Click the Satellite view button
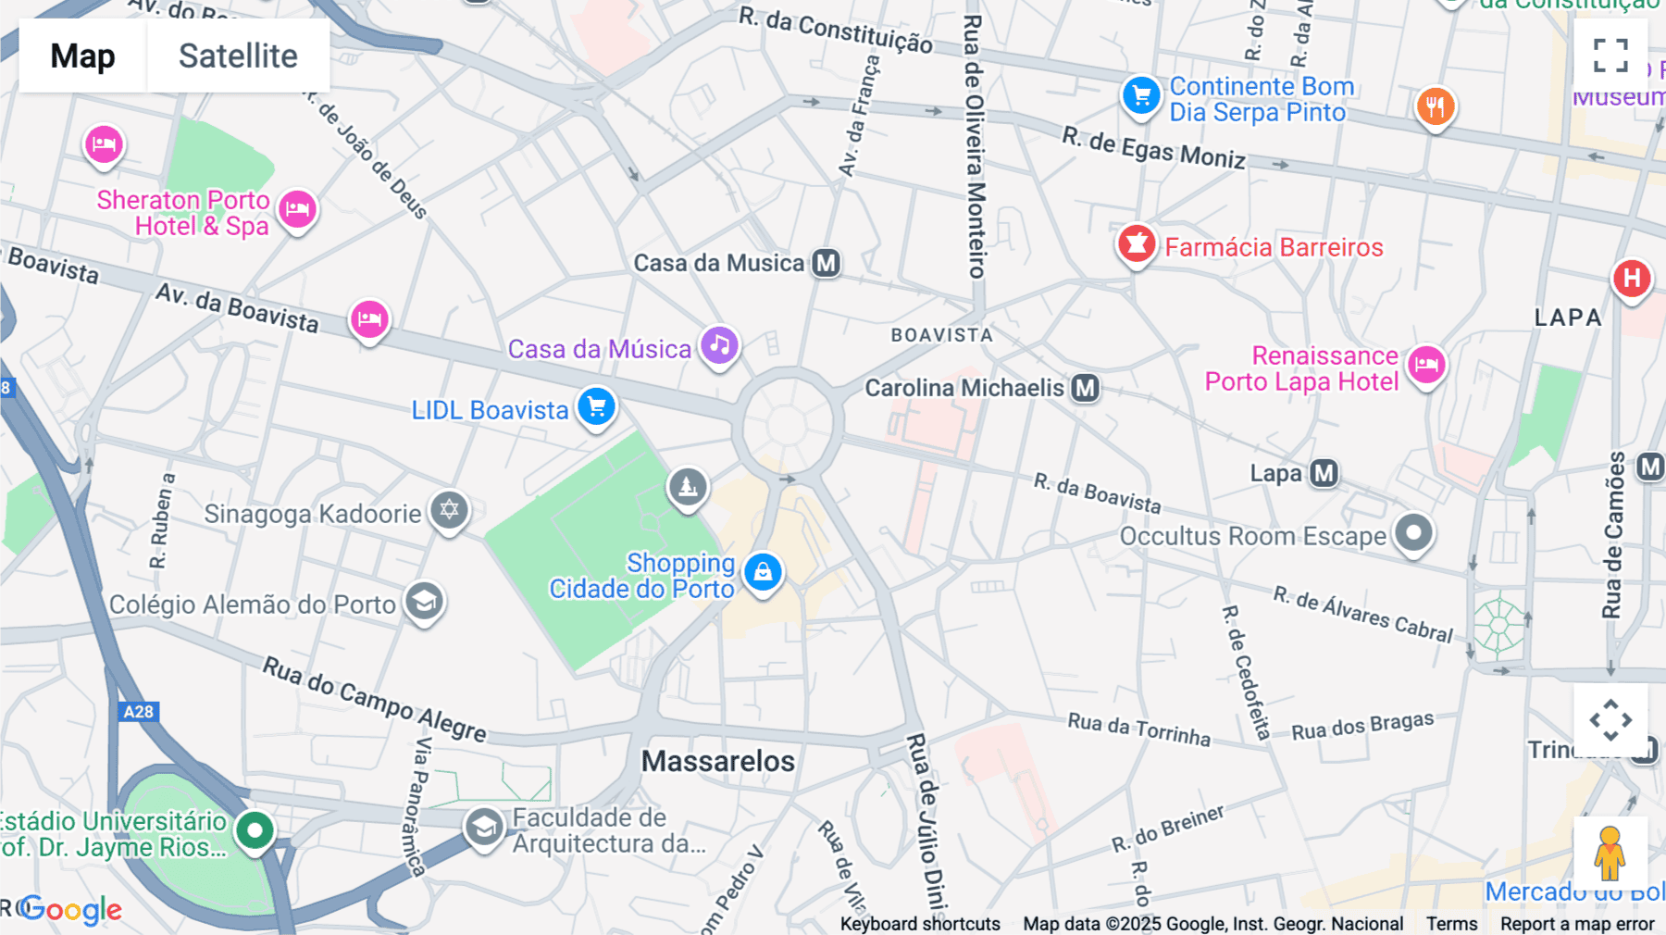click(238, 56)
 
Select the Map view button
click(82, 56)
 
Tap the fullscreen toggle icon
click(1610, 55)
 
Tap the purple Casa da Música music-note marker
click(719, 346)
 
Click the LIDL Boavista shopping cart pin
click(596, 406)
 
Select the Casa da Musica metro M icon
click(826, 263)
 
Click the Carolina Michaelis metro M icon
click(1085, 388)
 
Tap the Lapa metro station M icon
click(1324, 473)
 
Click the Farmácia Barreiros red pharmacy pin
click(1136, 244)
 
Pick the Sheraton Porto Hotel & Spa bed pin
click(297, 209)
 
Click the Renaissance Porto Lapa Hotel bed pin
click(1426, 364)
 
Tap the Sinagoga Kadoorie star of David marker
click(450, 509)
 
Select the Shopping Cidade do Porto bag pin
click(763, 572)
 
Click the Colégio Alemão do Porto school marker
click(425, 602)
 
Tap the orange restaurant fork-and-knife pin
click(1435, 106)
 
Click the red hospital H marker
click(1632, 278)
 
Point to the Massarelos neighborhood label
click(718, 761)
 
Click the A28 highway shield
click(139, 711)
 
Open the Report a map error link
click(1577, 923)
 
